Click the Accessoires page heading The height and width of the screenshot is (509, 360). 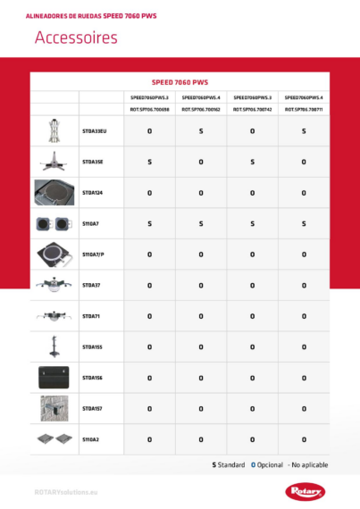pos(76,38)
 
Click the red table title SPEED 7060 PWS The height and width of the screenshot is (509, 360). pos(180,81)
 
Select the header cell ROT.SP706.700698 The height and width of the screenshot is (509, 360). pos(149,109)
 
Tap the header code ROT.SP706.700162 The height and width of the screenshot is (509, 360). pos(201,109)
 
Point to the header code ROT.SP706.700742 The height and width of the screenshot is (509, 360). pos(252,109)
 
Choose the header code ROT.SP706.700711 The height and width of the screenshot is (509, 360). pos(304,109)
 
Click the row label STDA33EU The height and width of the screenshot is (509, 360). pos(94,131)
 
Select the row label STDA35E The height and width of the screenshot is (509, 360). pos(93,162)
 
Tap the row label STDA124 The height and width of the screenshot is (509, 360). pos(93,193)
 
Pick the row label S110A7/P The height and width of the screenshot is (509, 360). pos(94,254)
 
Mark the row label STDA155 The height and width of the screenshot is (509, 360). pos(93,346)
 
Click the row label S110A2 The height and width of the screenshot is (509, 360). pos(91,439)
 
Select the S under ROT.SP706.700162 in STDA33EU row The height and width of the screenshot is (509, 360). pos(201,131)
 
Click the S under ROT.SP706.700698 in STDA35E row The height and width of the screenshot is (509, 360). pos(149,162)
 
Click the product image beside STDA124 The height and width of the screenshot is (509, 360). pos(54,193)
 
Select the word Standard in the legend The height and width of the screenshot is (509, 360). pos(230,465)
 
